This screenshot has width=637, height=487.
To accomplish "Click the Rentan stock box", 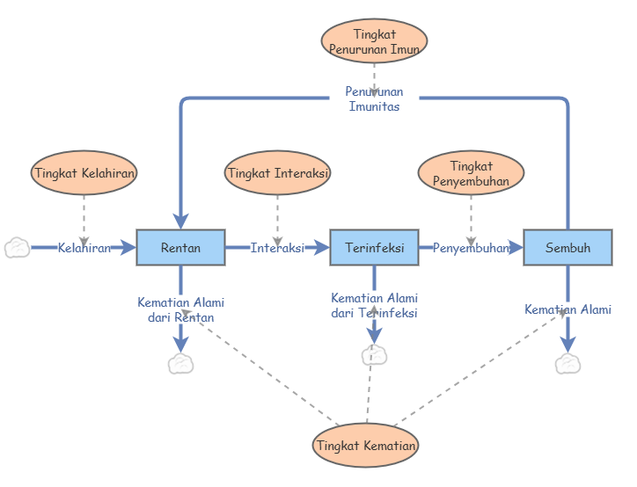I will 180,248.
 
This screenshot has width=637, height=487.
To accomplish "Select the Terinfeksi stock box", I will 374,248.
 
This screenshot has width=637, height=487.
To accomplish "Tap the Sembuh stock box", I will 567,248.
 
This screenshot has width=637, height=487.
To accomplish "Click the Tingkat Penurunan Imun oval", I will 374,41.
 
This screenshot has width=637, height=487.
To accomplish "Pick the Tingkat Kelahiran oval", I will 84,173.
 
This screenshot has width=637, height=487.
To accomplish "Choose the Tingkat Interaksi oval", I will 277,173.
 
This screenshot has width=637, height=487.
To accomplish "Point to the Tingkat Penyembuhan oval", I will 471,173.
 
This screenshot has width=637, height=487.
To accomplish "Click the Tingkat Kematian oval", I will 365,446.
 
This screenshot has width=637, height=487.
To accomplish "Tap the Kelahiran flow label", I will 84,248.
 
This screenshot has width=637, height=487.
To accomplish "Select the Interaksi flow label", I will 277,248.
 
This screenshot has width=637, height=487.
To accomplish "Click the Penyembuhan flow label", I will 471,248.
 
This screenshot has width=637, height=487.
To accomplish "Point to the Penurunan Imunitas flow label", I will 374,98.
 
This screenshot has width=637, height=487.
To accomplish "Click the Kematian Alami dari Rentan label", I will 180,309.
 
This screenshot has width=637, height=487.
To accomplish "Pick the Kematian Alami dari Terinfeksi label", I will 374,305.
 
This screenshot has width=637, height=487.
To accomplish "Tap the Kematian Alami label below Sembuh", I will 567,309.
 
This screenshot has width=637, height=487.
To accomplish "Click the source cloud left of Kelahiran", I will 17,248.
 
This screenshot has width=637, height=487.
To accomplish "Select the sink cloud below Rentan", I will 180,364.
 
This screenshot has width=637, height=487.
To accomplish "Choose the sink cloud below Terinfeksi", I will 374,355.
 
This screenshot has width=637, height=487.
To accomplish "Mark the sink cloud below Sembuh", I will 567,364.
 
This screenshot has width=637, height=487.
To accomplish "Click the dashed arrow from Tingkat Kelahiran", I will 84,217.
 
